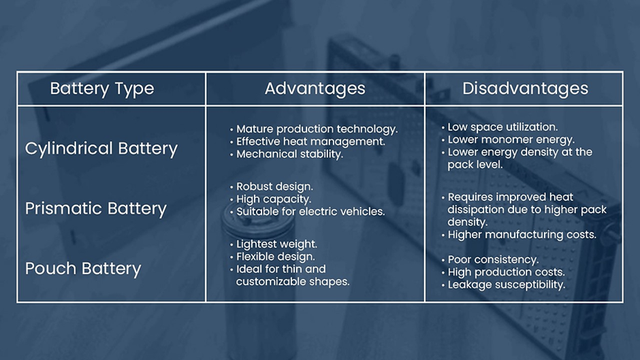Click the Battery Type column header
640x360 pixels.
pos(102,88)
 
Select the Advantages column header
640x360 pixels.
pos(315,88)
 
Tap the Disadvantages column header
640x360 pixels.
pos(526,88)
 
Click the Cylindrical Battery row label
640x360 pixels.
pos(101,148)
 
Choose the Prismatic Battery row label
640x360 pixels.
pos(96,208)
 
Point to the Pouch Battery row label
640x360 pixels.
pos(83,269)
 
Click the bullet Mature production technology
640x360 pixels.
pos(314,129)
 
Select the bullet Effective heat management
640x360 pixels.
pos(308,142)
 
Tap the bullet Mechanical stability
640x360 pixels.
pos(287,154)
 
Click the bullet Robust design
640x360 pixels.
pos(272,186)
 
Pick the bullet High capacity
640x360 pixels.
pos(270,199)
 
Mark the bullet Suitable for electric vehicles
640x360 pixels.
pos(307,212)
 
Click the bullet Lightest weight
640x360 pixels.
pos(274,244)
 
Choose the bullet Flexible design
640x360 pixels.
pos(272,257)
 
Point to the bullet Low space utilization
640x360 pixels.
pos(500,127)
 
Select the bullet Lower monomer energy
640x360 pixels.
pos(508,140)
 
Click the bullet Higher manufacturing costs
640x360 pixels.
pos(519,235)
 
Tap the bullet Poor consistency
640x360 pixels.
pos(490,259)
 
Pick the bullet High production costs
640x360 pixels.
pos(503,272)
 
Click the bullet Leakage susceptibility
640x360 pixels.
pos(503,284)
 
